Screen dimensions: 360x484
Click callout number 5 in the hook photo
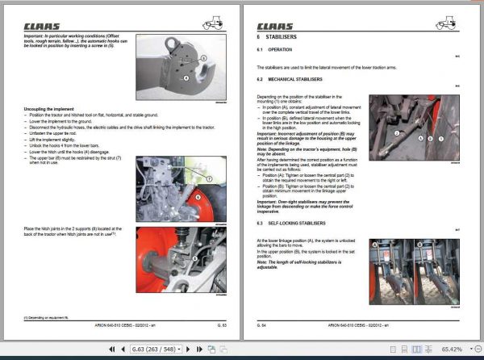[x=203, y=59]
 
